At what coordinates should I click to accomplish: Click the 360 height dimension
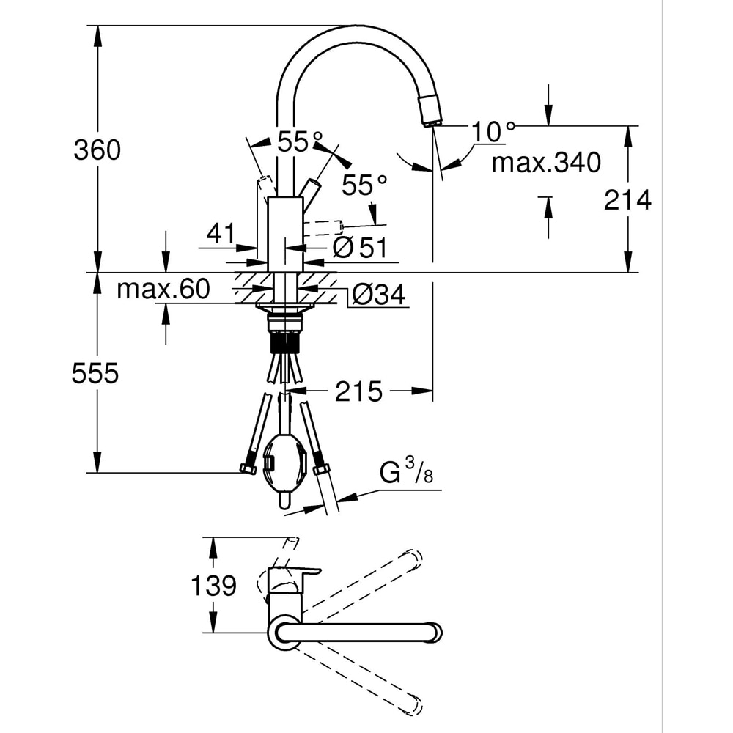[97, 150]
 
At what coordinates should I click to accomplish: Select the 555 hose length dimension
[95, 374]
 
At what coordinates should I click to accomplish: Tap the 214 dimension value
[627, 199]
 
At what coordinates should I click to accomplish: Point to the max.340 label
[545, 161]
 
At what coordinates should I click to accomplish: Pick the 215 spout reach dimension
[358, 392]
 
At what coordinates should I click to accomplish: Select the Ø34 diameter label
[378, 295]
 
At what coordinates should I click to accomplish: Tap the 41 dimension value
[219, 234]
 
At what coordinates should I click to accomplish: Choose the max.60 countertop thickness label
[163, 290]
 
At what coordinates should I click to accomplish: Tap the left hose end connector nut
[247, 469]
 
